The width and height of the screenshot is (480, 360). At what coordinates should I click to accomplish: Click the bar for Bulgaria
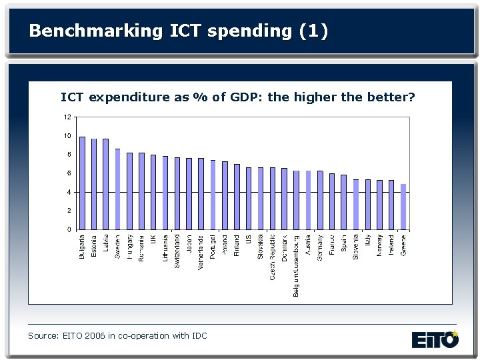pos(82,183)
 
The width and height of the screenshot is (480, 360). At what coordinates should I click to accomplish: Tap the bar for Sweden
pos(118,189)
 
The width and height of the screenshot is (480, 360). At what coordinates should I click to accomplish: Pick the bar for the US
pos(249,199)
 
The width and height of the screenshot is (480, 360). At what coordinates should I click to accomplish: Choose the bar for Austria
pos(308,200)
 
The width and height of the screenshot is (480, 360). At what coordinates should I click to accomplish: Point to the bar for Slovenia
pos(356,204)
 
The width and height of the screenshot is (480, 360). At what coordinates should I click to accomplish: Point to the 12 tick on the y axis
pos(67,117)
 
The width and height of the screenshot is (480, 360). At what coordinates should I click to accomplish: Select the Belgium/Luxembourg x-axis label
pos(297,265)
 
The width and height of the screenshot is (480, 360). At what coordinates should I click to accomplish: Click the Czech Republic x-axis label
pos(273,257)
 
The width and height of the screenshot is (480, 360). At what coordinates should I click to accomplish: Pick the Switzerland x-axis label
pos(177,251)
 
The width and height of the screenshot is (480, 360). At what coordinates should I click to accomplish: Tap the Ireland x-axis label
pos(392,244)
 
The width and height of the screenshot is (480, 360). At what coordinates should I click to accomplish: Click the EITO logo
pos(435,339)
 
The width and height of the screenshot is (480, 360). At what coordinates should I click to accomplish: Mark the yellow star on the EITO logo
pos(455,333)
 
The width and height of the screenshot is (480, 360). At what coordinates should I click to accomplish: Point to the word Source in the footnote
pos(42,335)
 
